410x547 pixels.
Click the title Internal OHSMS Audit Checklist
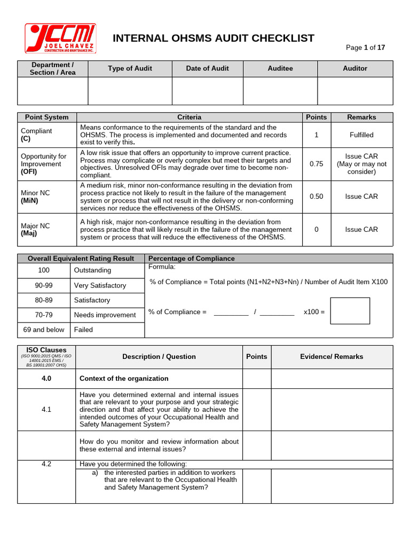tap(214, 38)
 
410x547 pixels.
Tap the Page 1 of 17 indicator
tap(365, 48)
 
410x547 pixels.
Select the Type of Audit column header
tap(130, 68)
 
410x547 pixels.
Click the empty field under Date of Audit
tap(207, 91)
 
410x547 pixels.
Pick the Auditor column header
tap(355, 68)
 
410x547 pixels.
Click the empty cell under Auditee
tap(280, 91)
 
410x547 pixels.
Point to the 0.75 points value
tap(316, 164)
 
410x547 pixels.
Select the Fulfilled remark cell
tap(361, 135)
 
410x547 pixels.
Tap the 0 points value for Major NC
tap(316, 229)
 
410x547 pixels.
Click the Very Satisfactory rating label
tap(100, 285)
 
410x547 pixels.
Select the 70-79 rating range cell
tap(44, 315)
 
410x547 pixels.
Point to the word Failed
tap(83, 330)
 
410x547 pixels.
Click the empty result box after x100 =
tap(350, 311)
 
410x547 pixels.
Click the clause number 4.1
tap(46, 410)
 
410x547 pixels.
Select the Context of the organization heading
tap(124, 379)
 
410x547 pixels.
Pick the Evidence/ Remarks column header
tap(332, 356)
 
